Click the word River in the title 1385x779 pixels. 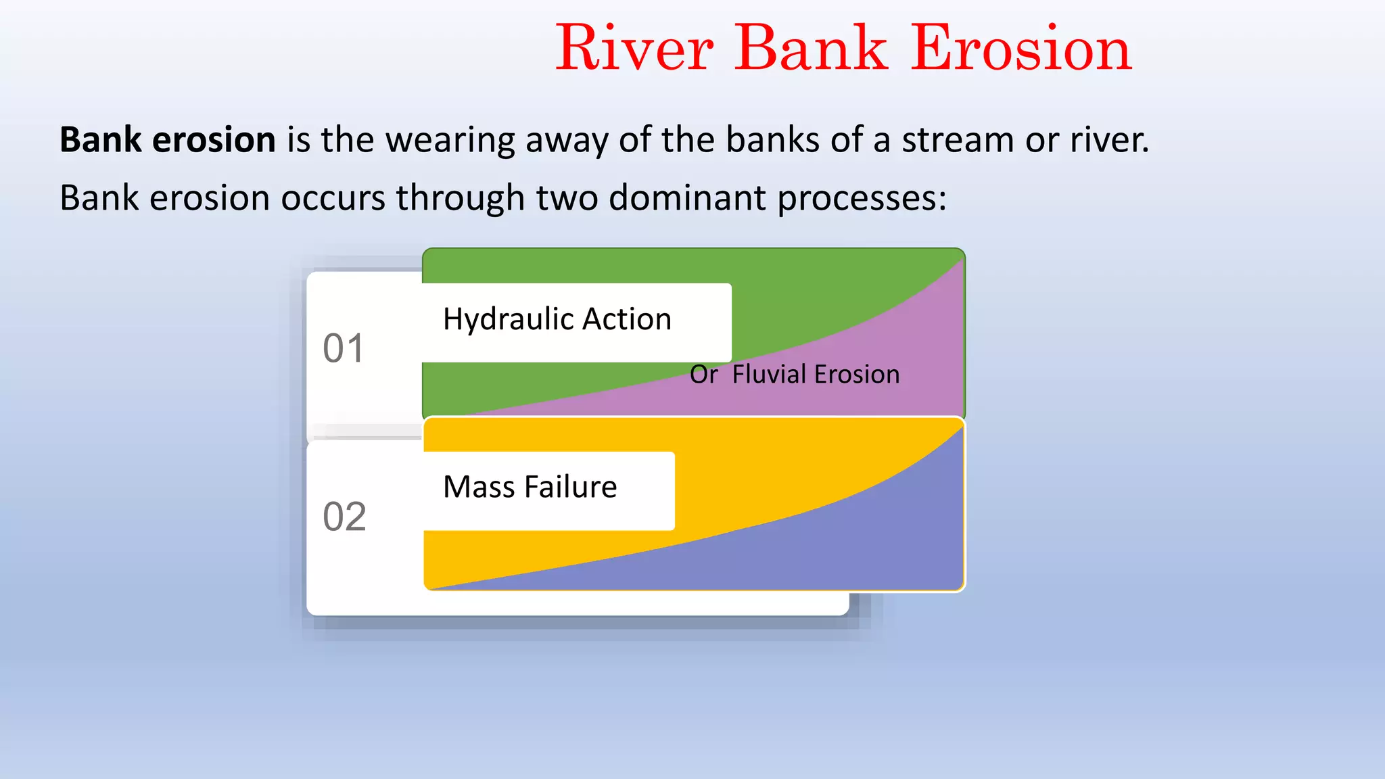coord(634,49)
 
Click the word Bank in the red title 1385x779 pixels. coord(811,49)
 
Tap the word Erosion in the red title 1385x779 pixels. coord(1021,49)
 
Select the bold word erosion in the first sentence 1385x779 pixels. coord(214,141)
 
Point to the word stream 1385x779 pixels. coord(958,141)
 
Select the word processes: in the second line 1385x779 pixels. coord(862,199)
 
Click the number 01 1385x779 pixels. coord(344,349)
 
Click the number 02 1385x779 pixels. coord(344,517)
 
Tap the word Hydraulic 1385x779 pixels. coord(507,319)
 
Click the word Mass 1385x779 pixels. coord(479,487)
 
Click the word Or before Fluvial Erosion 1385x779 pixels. coord(703,375)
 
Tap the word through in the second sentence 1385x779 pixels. coord(460,199)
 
